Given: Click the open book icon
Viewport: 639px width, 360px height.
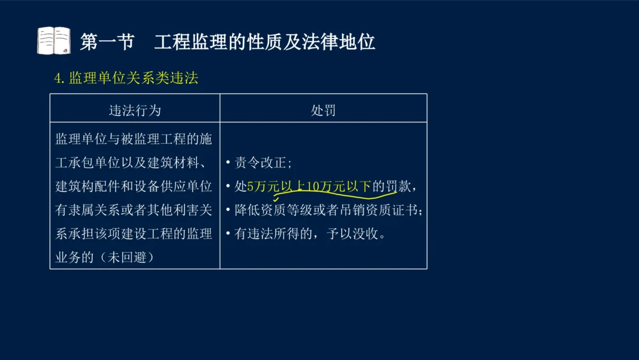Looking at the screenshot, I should (x=54, y=41).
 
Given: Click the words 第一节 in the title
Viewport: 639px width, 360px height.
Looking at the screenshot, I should (x=107, y=42).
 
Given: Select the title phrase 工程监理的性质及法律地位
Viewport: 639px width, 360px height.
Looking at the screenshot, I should (x=265, y=42).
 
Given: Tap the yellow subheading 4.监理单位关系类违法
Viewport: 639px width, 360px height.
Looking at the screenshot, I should (x=127, y=78).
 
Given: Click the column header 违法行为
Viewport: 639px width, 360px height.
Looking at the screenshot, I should (x=135, y=110).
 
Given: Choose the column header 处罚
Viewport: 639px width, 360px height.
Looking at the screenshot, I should (x=323, y=110).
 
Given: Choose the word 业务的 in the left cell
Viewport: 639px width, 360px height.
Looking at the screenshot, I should (x=72, y=258).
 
